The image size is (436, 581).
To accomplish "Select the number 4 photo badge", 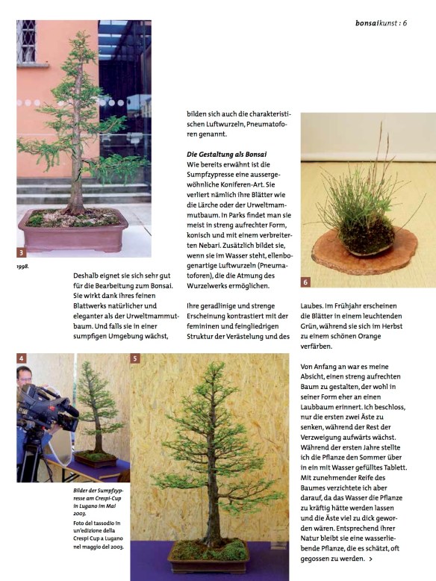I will (22, 358).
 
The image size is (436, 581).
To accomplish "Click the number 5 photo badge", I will (135, 358).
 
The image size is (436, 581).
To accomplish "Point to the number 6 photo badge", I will (306, 282).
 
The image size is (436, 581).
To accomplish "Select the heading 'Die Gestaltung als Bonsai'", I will (226, 153).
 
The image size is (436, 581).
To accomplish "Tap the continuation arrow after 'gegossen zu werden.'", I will (371, 558).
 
